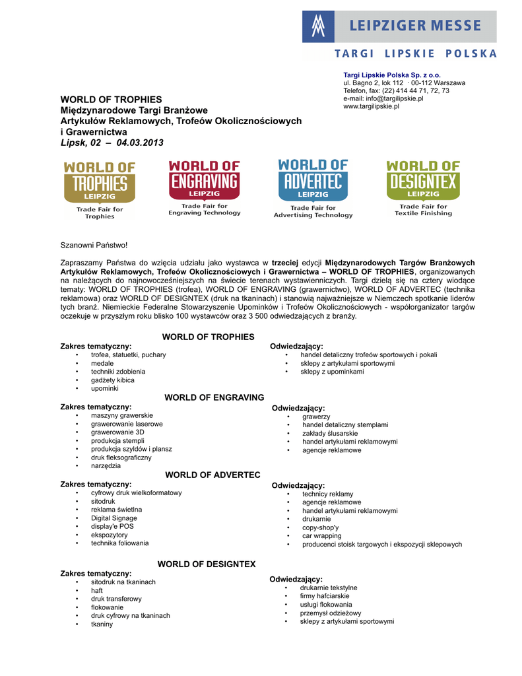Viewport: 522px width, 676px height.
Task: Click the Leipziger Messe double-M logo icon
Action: point(319,26)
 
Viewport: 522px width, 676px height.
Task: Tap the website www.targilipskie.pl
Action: point(371,106)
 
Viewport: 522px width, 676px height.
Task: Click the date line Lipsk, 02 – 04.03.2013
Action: point(112,143)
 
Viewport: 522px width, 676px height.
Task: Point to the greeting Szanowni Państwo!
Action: point(94,246)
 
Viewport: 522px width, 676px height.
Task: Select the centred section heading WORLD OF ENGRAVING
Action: point(214,397)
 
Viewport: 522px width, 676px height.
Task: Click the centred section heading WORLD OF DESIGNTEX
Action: point(206,564)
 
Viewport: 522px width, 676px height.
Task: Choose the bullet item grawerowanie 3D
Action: point(117,432)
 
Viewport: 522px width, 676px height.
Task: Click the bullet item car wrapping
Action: point(322,536)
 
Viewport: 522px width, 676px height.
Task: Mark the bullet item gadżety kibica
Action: point(113,380)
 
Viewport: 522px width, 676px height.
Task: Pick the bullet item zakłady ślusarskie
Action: point(331,434)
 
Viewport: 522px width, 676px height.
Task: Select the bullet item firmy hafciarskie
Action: point(325,596)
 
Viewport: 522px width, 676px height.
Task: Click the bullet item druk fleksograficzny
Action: point(121,457)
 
